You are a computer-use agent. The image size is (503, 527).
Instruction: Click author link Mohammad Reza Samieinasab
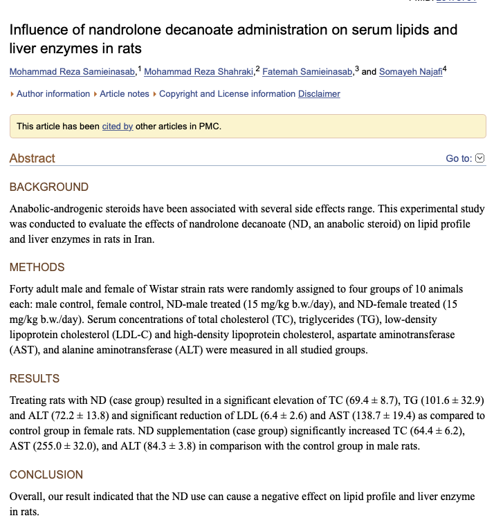pyautogui.click(x=73, y=72)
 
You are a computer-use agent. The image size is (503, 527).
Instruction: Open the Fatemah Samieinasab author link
pyautogui.click(x=307, y=72)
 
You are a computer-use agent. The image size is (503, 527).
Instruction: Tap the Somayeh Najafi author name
pyautogui.click(x=410, y=72)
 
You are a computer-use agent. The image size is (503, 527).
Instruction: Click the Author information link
pyautogui.click(x=53, y=94)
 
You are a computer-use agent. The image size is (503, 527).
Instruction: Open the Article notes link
pyautogui.click(x=125, y=94)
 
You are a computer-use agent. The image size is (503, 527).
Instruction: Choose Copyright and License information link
pyautogui.click(x=227, y=94)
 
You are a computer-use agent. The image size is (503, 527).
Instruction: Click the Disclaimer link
pyautogui.click(x=319, y=94)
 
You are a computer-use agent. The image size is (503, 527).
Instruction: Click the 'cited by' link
pyautogui.click(x=118, y=127)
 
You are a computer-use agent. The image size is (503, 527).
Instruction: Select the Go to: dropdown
pyautogui.click(x=465, y=158)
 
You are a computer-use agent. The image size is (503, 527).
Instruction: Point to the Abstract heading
pyautogui.click(x=33, y=158)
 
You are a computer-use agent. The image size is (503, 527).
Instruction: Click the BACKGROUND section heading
pyautogui.click(x=49, y=187)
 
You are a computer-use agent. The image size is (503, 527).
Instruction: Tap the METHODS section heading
pyautogui.click(x=37, y=267)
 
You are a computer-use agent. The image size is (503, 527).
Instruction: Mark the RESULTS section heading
pyautogui.click(x=35, y=378)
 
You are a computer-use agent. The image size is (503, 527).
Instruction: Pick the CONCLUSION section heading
pyautogui.click(x=46, y=474)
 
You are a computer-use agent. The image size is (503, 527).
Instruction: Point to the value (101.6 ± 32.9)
pyautogui.click(x=451, y=400)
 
